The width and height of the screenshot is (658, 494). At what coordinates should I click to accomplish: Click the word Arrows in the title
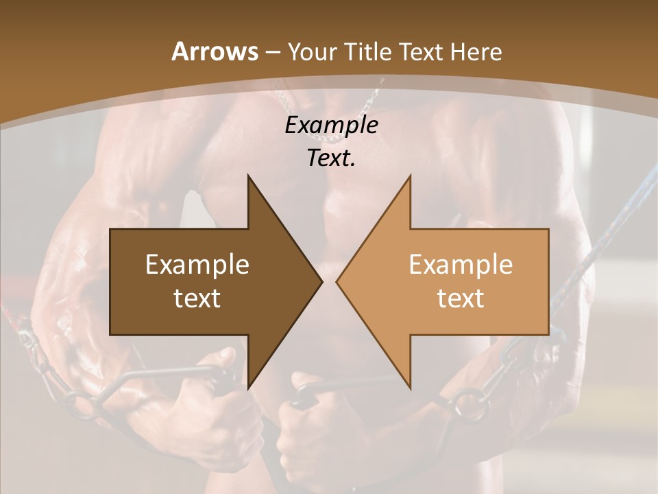(215, 51)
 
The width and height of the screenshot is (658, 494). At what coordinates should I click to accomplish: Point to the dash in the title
(272, 53)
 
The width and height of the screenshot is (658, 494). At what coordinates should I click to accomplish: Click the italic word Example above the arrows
(331, 126)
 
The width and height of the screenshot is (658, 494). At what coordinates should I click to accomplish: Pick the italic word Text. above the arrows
(331, 158)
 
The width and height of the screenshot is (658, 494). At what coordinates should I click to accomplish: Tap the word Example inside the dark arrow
(197, 264)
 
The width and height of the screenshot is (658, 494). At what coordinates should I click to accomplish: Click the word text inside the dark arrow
(197, 298)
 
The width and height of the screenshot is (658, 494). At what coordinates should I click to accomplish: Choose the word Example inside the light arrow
(461, 264)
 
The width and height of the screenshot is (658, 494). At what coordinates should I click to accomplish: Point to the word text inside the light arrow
(461, 298)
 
